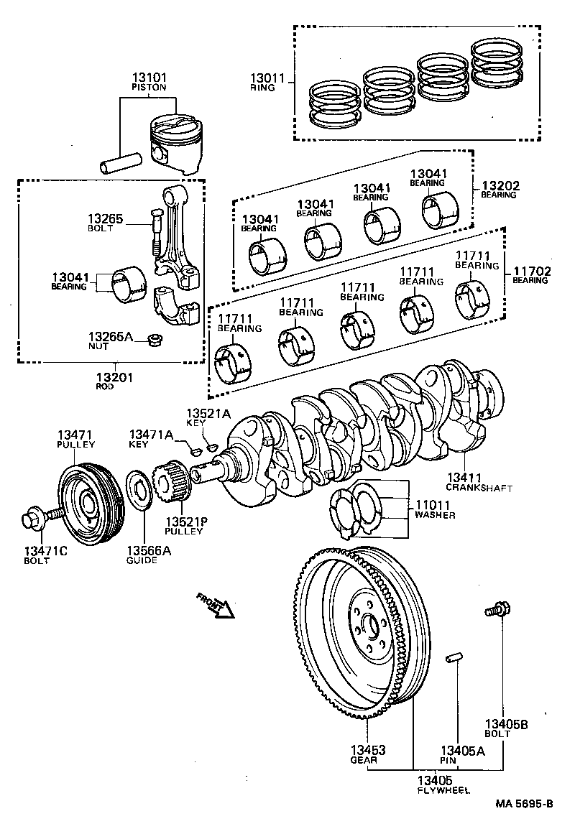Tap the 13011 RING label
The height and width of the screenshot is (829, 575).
point(267,81)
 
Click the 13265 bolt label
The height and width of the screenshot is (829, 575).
point(106,222)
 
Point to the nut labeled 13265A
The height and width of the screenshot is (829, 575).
point(152,340)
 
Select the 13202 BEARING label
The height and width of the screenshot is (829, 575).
point(499,190)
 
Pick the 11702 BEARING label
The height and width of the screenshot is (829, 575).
point(530,275)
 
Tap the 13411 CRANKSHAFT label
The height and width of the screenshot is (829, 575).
point(479,481)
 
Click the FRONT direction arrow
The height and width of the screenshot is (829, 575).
point(216,606)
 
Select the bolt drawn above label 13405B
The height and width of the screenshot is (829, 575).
point(497,610)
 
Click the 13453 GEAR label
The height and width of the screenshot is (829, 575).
point(367,754)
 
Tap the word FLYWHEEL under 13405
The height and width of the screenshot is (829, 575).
point(443,789)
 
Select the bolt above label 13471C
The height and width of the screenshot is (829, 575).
point(40,517)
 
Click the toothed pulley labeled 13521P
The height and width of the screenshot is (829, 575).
point(170,482)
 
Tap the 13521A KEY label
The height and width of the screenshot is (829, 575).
point(208,417)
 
